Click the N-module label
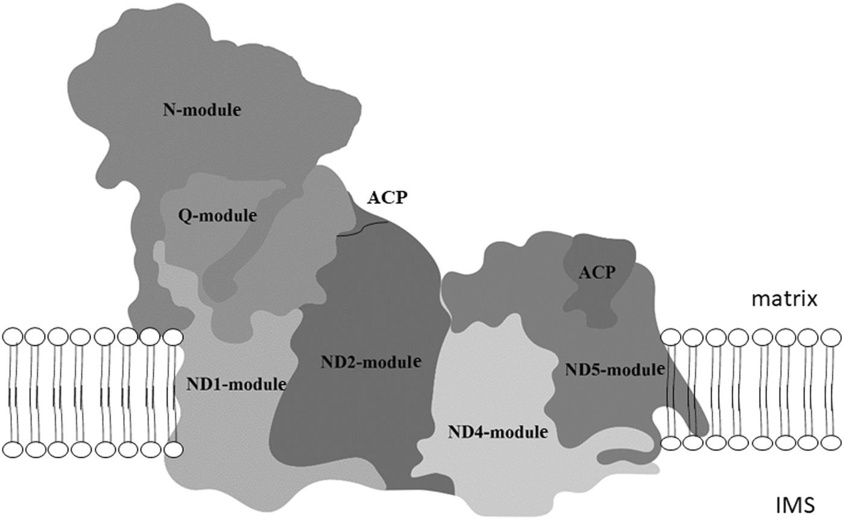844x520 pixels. (202, 110)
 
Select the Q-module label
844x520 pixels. (218, 215)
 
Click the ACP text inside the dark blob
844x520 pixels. (597, 272)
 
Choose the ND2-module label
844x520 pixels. (370, 363)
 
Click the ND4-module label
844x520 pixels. (498, 432)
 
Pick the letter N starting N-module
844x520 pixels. (168, 110)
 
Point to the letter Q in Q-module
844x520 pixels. (186, 216)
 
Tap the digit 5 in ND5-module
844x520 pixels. (593, 369)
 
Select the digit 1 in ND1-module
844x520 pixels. (214, 384)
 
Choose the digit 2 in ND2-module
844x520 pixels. (348, 363)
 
